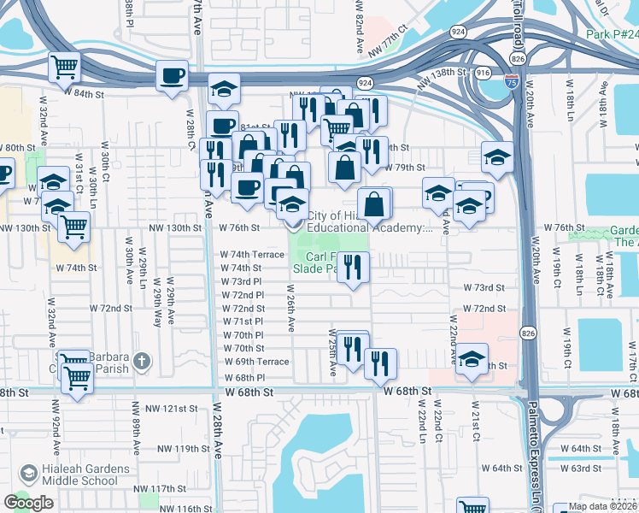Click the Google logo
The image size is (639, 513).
tap(29, 503)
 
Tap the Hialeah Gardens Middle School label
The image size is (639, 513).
tap(75, 475)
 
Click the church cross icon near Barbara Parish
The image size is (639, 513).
tap(142, 362)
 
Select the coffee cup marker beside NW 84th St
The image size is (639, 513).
tap(172, 74)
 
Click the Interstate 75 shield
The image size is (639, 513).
tap(511, 82)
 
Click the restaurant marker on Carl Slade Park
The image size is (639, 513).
tap(353, 267)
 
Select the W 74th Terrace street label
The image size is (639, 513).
tap(252, 255)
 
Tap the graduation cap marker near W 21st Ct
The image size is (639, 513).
tap(471, 359)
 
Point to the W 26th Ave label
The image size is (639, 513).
tap(290, 311)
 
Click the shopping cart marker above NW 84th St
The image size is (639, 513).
tap(65, 67)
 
